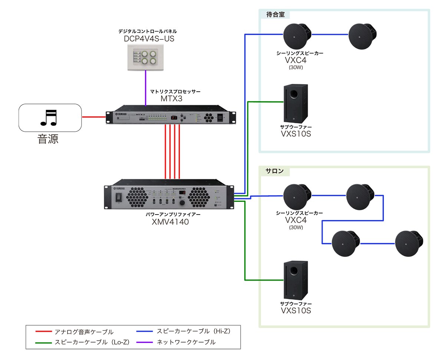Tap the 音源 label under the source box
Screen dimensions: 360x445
point(48,140)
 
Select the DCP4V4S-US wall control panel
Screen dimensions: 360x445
point(146,56)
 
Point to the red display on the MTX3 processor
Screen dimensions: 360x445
point(173,117)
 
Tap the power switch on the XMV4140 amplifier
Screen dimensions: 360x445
point(119,198)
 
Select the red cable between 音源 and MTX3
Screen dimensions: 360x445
point(93,117)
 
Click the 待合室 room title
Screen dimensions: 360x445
point(274,14)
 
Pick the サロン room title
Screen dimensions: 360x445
point(274,171)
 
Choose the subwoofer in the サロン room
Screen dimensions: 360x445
point(295,280)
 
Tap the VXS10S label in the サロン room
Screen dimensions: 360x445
point(296,310)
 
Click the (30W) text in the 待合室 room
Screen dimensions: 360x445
point(296,68)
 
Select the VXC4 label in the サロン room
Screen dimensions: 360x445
point(296,220)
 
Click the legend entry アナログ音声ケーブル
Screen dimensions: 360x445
point(84,332)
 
